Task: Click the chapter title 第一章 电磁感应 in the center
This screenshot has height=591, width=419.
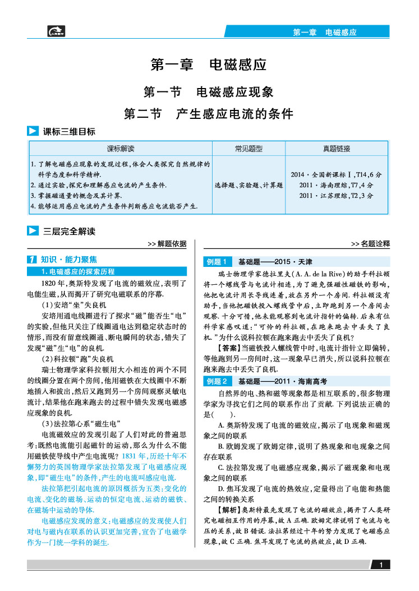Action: click(x=209, y=65)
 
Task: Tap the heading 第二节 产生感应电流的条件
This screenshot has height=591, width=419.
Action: click(x=209, y=114)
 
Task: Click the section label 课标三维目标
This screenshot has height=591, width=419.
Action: click(x=69, y=132)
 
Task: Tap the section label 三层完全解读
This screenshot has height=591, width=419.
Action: click(x=69, y=230)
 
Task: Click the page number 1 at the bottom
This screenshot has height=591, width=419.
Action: click(x=381, y=565)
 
